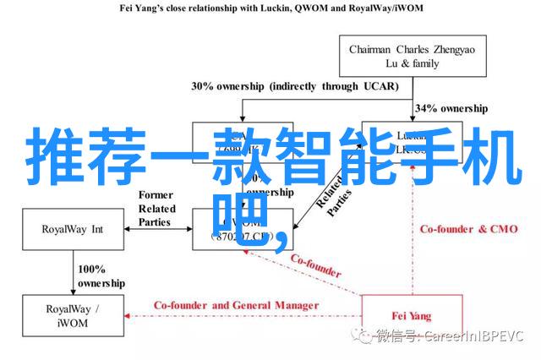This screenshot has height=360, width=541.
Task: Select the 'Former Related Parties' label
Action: pos(156,209)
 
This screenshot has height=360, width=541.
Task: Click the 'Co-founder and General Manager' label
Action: pos(236,305)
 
